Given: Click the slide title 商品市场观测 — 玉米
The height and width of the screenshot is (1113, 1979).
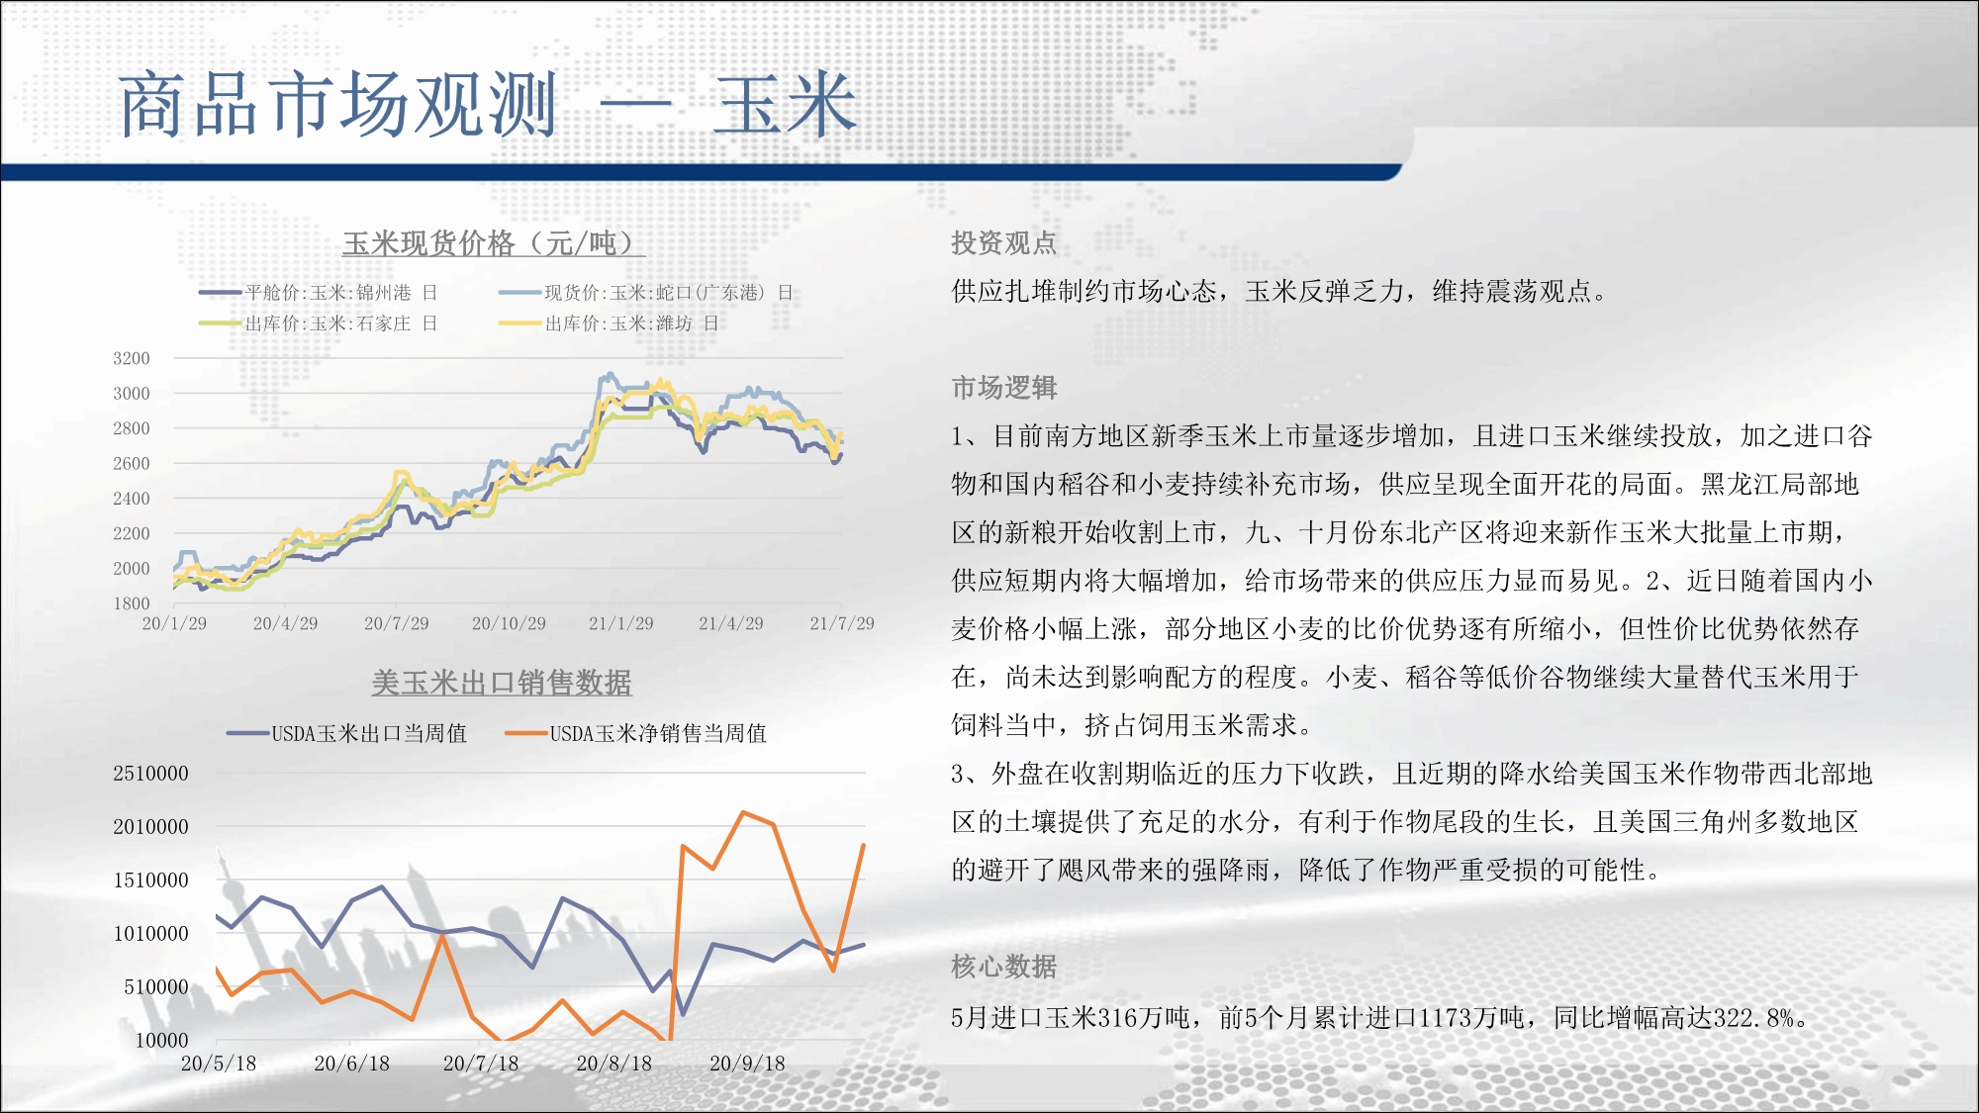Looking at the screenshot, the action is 488,105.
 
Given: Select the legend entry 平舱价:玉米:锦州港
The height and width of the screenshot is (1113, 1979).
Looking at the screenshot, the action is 319,293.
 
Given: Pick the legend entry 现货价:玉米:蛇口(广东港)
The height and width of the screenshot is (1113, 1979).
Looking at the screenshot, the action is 646,293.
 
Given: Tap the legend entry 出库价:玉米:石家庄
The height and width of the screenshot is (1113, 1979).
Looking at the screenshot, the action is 319,324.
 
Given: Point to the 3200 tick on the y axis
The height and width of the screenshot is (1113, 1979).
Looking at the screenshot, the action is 132,358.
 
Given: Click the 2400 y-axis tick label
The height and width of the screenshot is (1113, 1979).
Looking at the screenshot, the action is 132,499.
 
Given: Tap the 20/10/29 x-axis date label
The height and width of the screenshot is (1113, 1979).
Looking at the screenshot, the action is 509,623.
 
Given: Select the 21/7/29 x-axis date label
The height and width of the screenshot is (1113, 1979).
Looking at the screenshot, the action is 842,623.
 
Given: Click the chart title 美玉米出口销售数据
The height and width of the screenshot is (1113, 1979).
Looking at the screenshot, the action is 502,683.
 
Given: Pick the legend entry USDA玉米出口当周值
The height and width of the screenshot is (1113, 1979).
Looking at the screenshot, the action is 346,733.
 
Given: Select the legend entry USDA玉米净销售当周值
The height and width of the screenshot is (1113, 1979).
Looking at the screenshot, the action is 636,733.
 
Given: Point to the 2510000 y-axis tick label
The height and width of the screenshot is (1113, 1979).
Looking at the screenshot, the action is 150,774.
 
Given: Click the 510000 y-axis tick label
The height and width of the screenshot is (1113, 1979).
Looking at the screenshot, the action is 156,986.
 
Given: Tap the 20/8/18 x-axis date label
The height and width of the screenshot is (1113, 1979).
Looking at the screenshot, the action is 614,1064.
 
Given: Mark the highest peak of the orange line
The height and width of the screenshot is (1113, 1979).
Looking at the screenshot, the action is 743,812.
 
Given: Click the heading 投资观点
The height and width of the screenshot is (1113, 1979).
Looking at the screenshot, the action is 1004,243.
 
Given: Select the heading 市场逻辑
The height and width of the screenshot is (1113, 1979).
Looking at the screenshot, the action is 1004,388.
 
